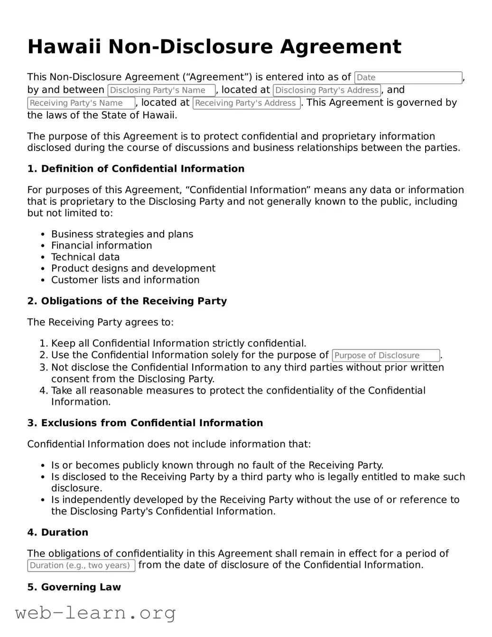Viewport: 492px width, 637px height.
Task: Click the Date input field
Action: click(x=408, y=77)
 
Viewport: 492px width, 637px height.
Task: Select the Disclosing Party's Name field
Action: click(x=161, y=90)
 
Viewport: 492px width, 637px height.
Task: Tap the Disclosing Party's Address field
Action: click(x=327, y=90)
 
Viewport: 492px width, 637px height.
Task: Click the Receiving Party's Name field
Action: click(x=81, y=103)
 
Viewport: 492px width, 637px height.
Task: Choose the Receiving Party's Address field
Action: click(x=246, y=103)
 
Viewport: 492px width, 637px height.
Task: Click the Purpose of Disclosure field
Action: click(x=386, y=356)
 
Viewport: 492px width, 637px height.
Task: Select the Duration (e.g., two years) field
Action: click(x=81, y=565)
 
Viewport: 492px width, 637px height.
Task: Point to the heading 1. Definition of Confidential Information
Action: click(x=136, y=169)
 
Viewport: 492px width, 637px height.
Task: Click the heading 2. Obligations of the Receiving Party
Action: click(x=127, y=301)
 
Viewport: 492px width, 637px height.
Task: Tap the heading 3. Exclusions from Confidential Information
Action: click(x=145, y=423)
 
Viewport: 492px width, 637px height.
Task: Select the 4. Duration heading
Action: click(x=57, y=533)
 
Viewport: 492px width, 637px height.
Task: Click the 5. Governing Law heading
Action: click(x=74, y=587)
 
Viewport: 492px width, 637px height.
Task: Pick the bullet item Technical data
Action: click(x=85, y=257)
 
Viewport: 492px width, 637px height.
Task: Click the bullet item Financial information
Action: click(x=102, y=246)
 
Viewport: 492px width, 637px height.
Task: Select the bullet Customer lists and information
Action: click(x=125, y=280)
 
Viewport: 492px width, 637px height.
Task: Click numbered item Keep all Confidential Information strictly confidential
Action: click(x=178, y=344)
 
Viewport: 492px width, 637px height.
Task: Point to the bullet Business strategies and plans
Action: click(x=122, y=234)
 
